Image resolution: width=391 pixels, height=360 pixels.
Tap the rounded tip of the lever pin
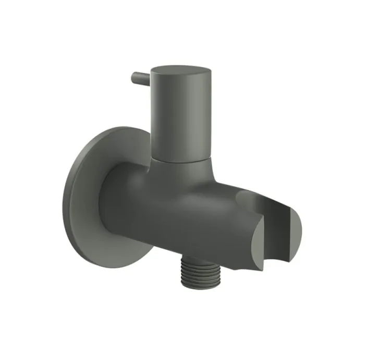(134, 76)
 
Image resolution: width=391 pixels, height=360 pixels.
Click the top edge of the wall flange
(120, 128)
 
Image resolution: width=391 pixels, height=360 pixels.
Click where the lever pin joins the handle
(150, 80)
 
